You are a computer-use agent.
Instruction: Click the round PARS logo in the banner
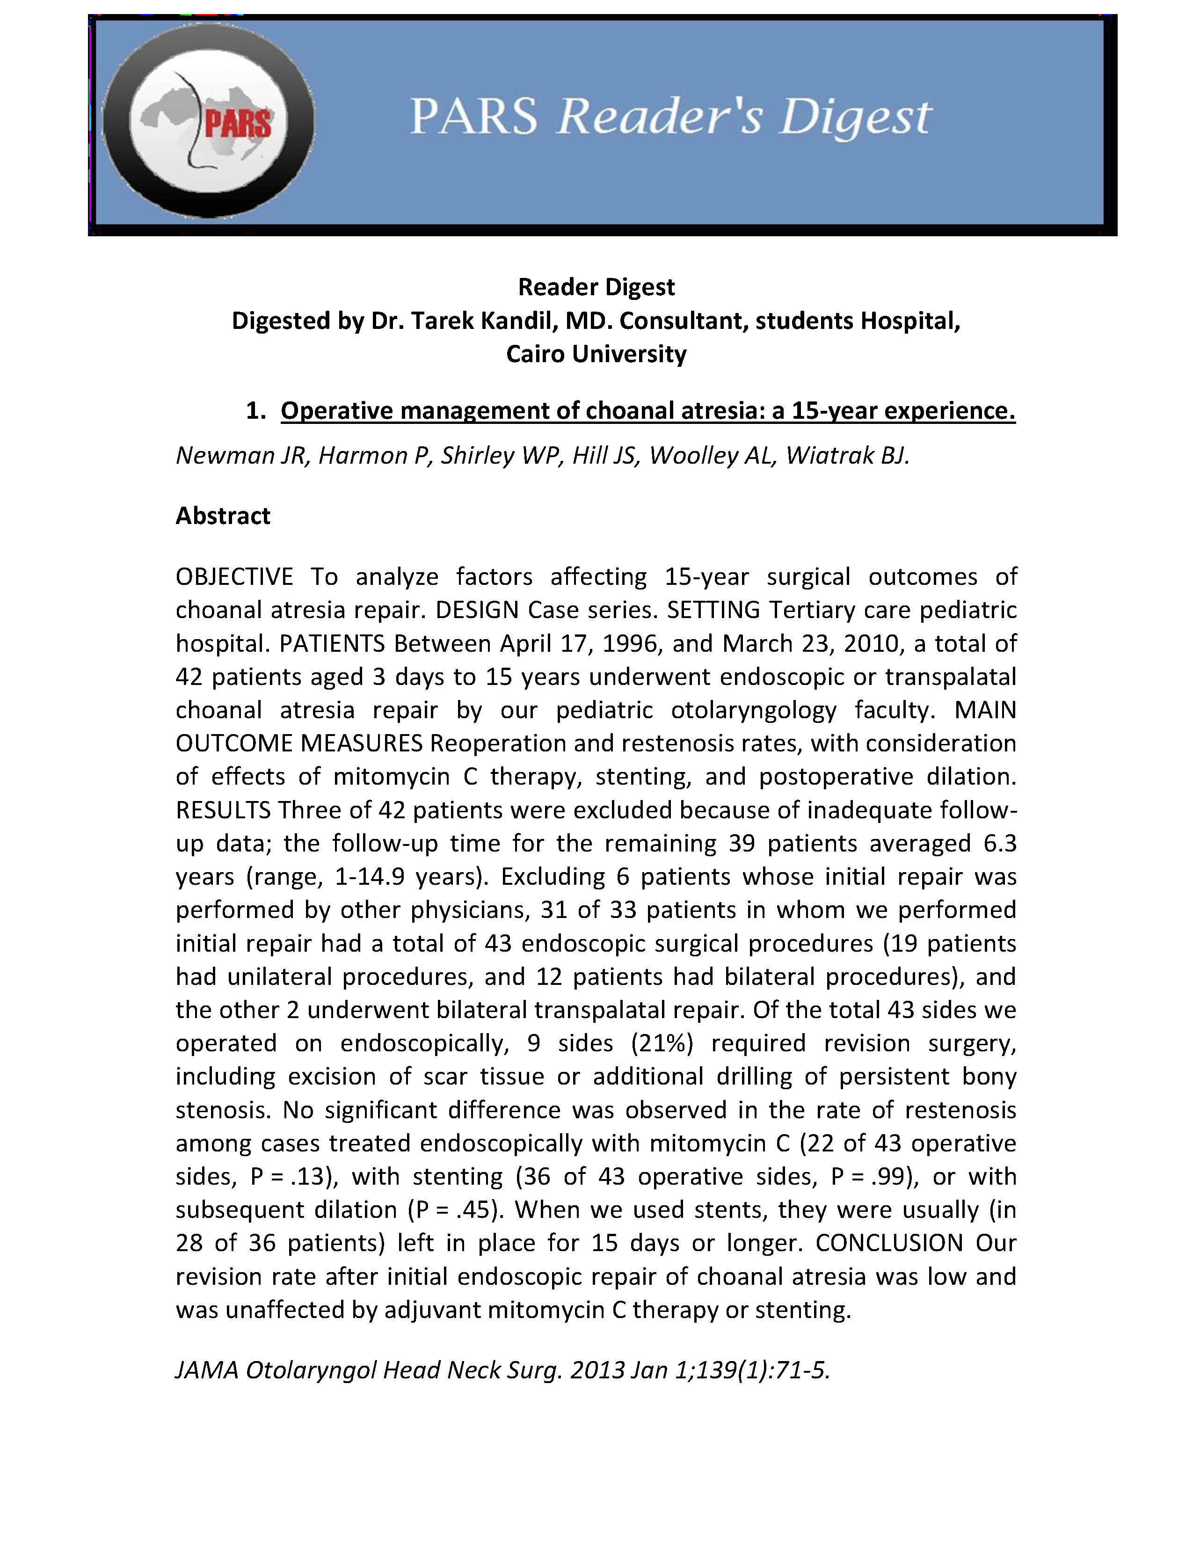[209, 120]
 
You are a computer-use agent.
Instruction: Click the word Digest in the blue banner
[855, 117]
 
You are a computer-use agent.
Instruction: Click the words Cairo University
[596, 353]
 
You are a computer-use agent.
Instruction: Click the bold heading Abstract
[223, 516]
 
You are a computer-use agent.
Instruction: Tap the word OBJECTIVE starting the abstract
[234, 577]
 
